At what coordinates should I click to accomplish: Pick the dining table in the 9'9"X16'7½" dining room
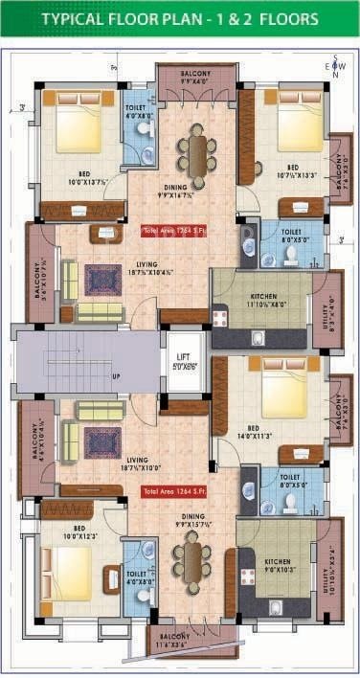coord(196,154)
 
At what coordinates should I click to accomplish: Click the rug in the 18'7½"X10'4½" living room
coord(102,280)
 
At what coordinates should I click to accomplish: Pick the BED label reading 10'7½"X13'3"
coord(292,169)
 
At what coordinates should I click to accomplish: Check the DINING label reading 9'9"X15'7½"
coord(191,524)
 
